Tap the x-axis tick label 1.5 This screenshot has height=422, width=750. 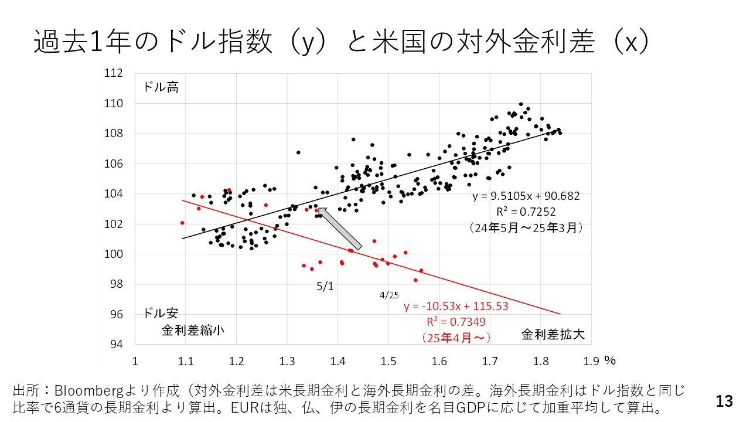coord(388,361)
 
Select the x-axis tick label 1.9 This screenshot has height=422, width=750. coord(591,361)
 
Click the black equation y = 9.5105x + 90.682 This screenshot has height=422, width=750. coord(526,196)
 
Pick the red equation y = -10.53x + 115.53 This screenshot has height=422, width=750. coord(456,307)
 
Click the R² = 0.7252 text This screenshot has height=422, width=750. coord(526,212)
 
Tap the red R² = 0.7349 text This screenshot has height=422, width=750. coord(456,322)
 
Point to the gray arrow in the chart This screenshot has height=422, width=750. coord(339,228)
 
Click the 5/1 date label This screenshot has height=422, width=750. coord(325,287)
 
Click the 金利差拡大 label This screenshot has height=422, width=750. coord(553,335)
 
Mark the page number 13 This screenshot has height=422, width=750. coord(724,401)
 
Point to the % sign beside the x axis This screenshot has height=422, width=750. coord(610,360)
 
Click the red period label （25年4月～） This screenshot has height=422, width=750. coord(456,338)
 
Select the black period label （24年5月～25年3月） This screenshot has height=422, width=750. coord(526,227)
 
